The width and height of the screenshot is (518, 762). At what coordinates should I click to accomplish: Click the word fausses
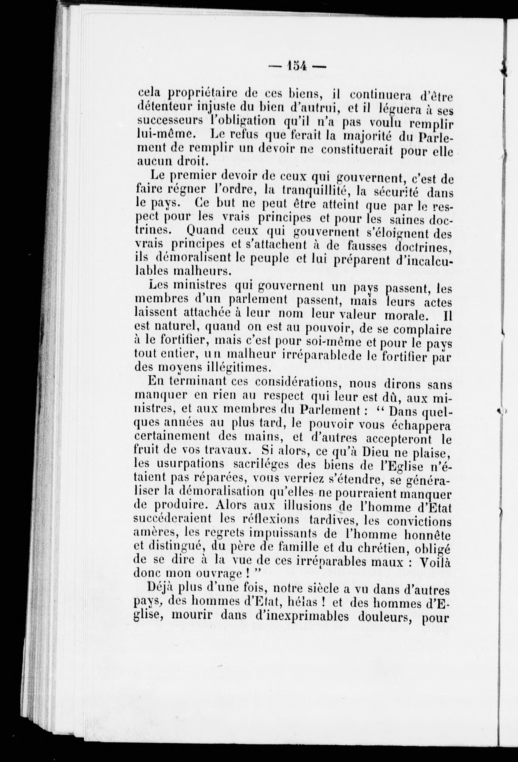tap(368, 245)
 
